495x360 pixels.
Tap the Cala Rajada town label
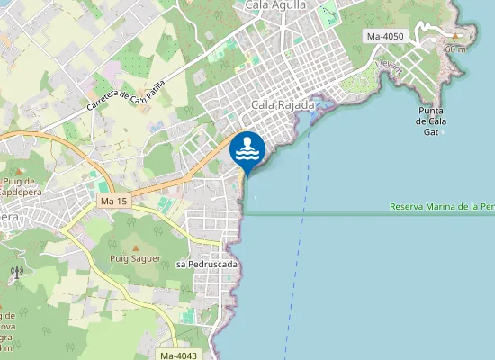click(x=283, y=105)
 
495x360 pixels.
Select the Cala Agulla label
click(x=275, y=4)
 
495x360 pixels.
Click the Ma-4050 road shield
click(x=387, y=36)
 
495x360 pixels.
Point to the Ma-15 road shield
click(x=113, y=201)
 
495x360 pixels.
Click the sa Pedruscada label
click(x=207, y=264)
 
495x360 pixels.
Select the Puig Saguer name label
click(x=135, y=258)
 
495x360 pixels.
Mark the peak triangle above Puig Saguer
click(x=135, y=247)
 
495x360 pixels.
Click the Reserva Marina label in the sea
click(x=441, y=207)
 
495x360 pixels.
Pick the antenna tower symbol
click(x=16, y=272)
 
